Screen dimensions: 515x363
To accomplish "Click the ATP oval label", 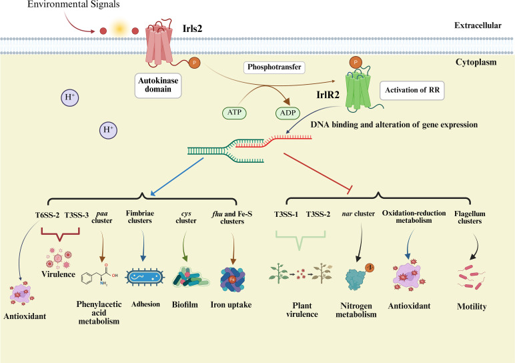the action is click(x=234, y=112).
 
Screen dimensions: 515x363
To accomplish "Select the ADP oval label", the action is click(x=288, y=113).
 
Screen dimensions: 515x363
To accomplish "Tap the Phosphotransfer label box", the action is click(x=274, y=67).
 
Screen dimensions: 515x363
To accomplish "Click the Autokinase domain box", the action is click(x=158, y=85).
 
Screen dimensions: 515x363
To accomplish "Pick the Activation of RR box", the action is click(x=412, y=90).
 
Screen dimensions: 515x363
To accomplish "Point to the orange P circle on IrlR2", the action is click(x=356, y=62).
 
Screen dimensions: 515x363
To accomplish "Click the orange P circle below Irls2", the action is click(x=194, y=63).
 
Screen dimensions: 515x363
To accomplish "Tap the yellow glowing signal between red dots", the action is click(x=119, y=29).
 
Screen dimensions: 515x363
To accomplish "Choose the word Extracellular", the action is click(x=478, y=25).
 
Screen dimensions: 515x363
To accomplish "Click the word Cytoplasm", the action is click(x=476, y=62).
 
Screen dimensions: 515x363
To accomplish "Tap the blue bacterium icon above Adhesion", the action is click(x=145, y=278).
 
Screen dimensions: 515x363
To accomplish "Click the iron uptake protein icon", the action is click(x=232, y=280).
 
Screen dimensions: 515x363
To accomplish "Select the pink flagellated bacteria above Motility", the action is click(x=471, y=278).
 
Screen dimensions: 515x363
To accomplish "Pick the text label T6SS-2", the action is click(x=47, y=215).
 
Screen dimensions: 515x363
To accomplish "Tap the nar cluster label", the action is click(x=358, y=214).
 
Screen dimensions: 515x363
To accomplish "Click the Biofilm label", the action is click(x=185, y=305).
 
